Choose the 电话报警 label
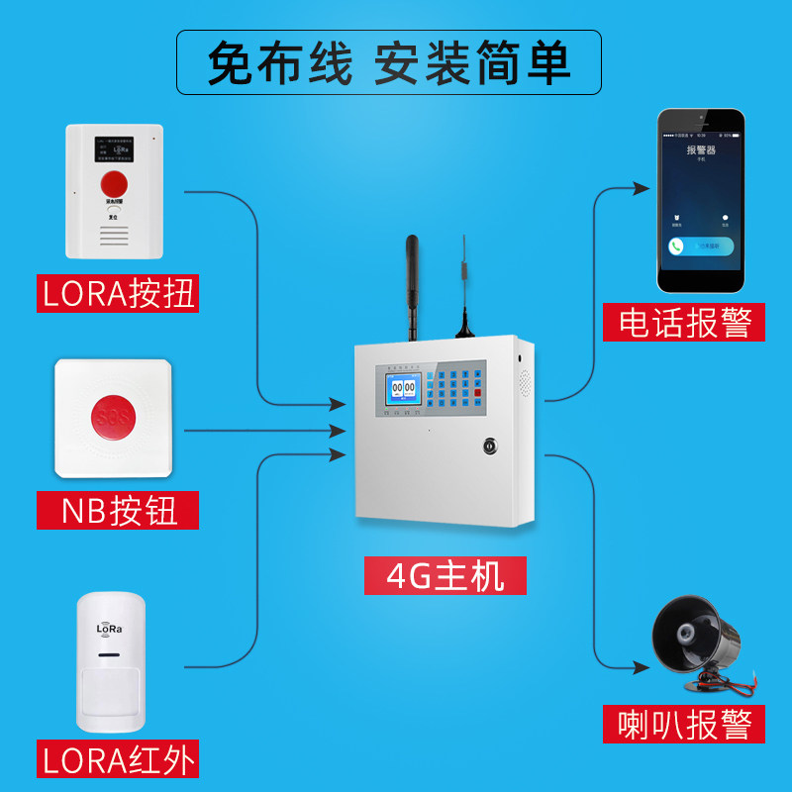click(x=684, y=323)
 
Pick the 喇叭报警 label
click(x=684, y=724)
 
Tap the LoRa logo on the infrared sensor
click(x=109, y=628)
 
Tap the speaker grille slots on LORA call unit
click(x=115, y=234)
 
